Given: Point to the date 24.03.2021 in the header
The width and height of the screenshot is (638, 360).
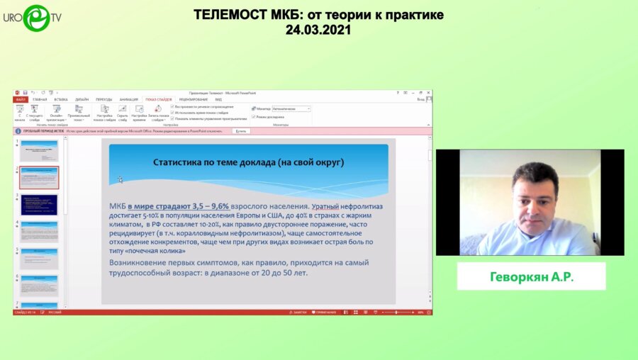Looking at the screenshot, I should pos(318,30).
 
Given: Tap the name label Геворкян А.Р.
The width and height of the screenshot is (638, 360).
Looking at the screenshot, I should pos(531,276).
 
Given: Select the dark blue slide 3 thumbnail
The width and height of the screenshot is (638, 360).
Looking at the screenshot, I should pos(39,205).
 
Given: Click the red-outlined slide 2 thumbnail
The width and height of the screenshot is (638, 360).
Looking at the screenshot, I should pos(39,177).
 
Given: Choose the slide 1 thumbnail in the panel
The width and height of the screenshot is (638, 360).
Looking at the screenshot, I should pos(39,150).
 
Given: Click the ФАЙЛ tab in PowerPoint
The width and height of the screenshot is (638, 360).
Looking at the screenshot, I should pos(21,99).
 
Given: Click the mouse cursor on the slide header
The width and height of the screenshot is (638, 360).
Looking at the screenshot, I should pos(121,180).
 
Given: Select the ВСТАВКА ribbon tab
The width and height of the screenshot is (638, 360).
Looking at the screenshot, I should pos(61,99).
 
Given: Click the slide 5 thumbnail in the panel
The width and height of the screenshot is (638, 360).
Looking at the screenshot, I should pos(39,259).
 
